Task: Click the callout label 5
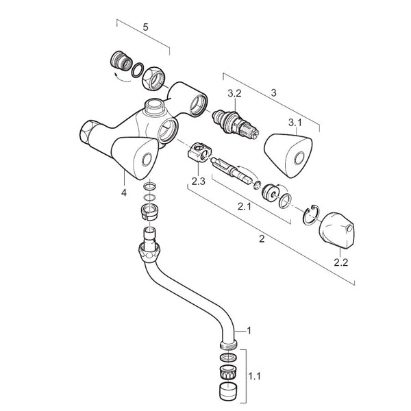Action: click(x=145, y=28)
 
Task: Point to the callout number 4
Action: click(x=124, y=193)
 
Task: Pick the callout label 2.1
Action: click(x=245, y=206)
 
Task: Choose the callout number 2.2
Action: click(x=340, y=262)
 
